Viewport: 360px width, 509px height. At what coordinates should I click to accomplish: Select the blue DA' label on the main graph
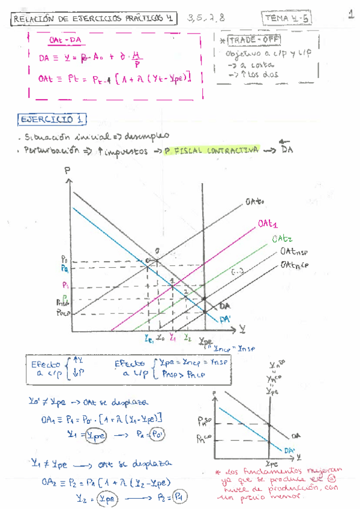pos(226,319)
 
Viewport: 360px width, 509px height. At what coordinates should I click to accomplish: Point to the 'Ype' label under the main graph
pos(207,339)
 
